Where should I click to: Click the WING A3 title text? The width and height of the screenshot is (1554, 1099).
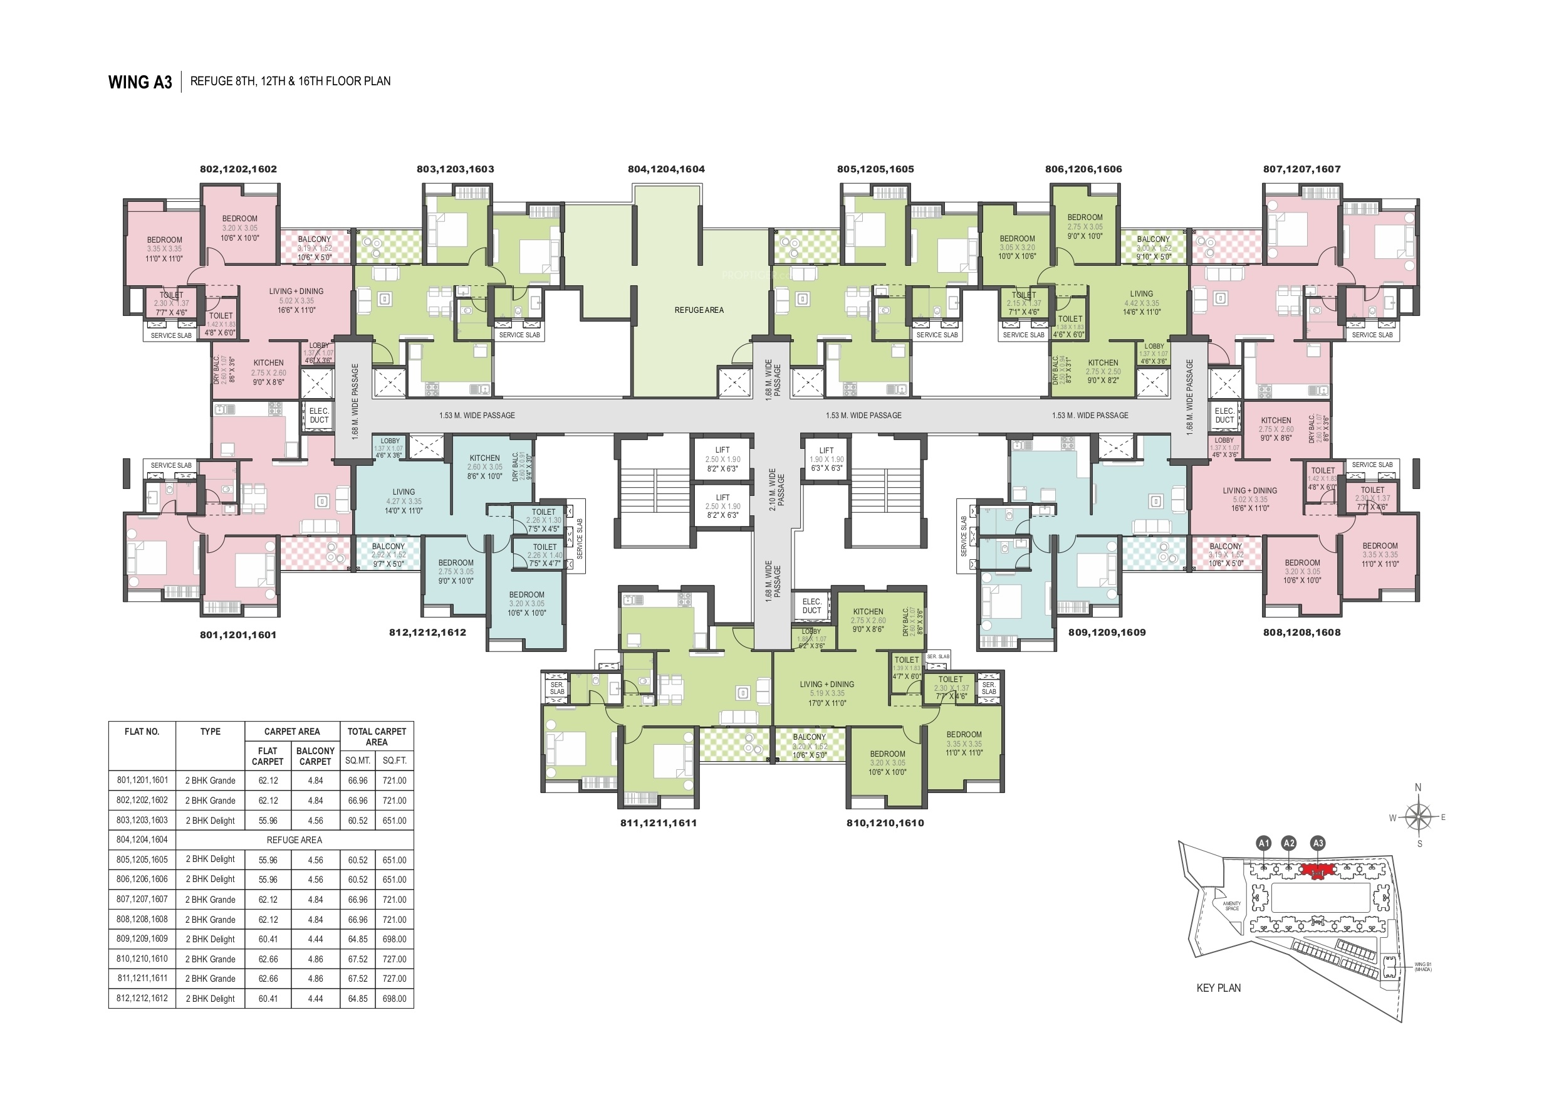point(140,82)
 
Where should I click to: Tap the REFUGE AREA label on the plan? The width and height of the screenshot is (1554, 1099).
point(699,310)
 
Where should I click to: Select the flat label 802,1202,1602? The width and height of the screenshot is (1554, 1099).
point(238,169)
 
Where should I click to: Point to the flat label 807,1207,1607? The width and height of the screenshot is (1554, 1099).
point(1301,169)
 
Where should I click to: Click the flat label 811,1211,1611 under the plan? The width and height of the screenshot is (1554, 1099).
point(658,823)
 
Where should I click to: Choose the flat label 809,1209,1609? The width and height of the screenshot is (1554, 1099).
point(1107,633)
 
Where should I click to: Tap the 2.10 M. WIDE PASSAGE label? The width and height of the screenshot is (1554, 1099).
point(776,488)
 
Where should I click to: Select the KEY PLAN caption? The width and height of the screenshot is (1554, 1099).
point(1218,988)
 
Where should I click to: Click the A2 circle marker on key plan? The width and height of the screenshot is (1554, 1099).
point(1289,843)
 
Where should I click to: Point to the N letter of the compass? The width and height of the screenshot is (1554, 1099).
point(1418,787)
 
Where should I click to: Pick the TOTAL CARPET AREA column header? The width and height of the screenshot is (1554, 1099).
point(377,737)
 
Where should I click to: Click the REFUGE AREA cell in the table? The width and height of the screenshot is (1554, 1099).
point(294,839)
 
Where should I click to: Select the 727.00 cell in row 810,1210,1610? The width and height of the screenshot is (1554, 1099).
point(394,959)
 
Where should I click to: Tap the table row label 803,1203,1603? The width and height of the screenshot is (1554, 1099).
point(142,820)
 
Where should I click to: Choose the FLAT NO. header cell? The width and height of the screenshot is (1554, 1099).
point(142,732)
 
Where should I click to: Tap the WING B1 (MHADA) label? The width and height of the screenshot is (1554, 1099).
point(1422,967)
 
